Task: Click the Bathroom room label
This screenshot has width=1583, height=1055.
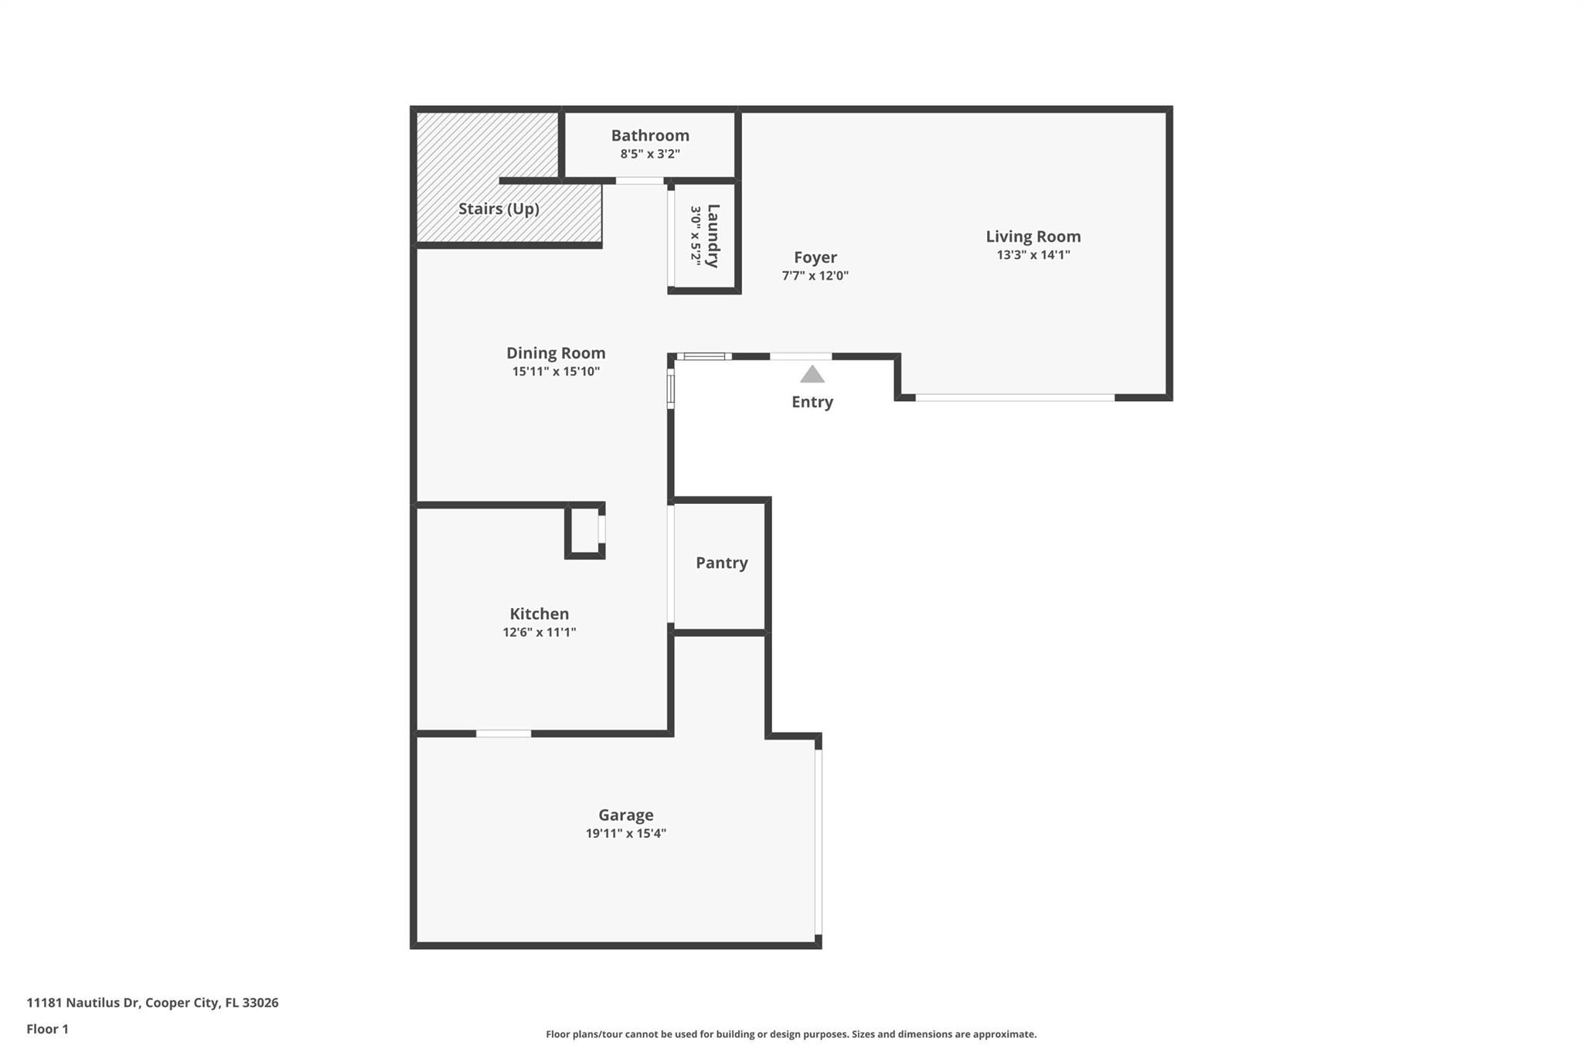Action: click(x=650, y=135)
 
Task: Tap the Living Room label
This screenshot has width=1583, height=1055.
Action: click(x=1033, y=237)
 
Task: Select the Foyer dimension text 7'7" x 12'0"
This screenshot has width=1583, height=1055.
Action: click(x=815, y=275)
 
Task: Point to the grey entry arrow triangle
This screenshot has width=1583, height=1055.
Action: click(x=812, y=375)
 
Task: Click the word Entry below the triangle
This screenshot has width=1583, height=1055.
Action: click(x=812, y=402)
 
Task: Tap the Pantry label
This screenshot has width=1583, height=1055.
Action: click(x=721, y=563)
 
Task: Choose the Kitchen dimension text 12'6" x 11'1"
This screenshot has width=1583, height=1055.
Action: click(x=539, y=632)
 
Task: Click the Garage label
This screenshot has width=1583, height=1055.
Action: click(x=625, y=815)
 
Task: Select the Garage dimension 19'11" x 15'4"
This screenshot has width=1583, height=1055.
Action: click(x=625, y=833)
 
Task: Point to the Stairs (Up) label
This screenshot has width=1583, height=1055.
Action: click(x=499, y=209)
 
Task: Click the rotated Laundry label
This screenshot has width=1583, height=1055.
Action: click(x=713, y=236)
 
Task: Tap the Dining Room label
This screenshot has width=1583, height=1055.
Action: click(x=555, y=353)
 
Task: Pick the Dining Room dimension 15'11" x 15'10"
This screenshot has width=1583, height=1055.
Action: click(x=555, y=372)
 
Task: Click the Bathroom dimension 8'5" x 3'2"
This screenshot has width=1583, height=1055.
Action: click(x=650, y=154)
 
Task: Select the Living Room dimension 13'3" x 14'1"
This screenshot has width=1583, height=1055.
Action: click(x=1033, y=255)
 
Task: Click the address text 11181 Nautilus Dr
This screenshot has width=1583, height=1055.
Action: click(x=83, y=1002)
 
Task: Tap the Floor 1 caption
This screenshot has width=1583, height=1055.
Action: click(x=47, y=1029)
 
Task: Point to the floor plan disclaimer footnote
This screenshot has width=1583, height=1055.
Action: click(x=791, y=1034)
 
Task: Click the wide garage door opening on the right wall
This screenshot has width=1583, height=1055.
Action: click(x=819, y=842)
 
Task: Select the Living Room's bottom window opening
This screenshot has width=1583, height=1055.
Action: click(x=1014, y=398)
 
